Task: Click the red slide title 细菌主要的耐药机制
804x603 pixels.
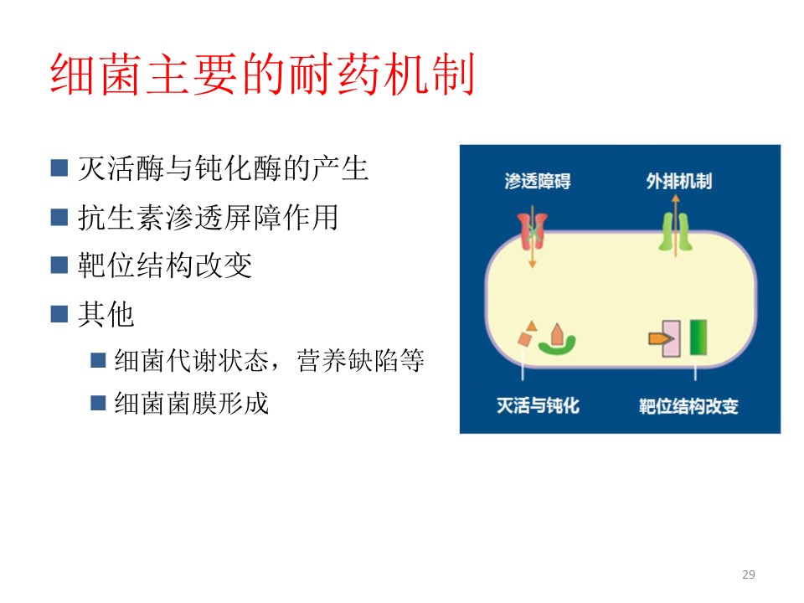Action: pos(262,75)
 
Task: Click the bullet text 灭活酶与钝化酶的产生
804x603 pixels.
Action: pos(223,168)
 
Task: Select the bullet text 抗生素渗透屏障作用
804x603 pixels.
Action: pos(209,217)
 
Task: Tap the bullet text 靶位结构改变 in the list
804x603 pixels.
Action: pos(165,265)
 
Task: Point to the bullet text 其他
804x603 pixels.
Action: pos(106,314)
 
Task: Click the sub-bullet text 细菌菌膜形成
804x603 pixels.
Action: pos(192,403)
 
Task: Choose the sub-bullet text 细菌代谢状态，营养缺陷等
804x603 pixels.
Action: pos(269,360)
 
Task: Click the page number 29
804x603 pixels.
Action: pos(749,575)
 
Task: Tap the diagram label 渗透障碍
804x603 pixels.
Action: pos(538,181)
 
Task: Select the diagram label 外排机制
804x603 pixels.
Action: pos(679,181)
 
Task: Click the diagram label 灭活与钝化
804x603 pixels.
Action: pos(538,405)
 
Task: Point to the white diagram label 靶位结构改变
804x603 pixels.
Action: pos(688,406)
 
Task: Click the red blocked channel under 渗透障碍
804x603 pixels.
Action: pos(533,231)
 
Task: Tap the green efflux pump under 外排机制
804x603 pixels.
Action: pos(675,232)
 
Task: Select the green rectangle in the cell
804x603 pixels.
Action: pos(698,338)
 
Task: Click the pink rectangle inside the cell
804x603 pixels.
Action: pos(672,338)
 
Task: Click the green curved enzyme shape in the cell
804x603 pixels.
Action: pos(557,346)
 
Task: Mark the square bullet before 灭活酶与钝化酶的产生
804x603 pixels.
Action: pos(59,168)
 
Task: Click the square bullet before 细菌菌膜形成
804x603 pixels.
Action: pos(98,403)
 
